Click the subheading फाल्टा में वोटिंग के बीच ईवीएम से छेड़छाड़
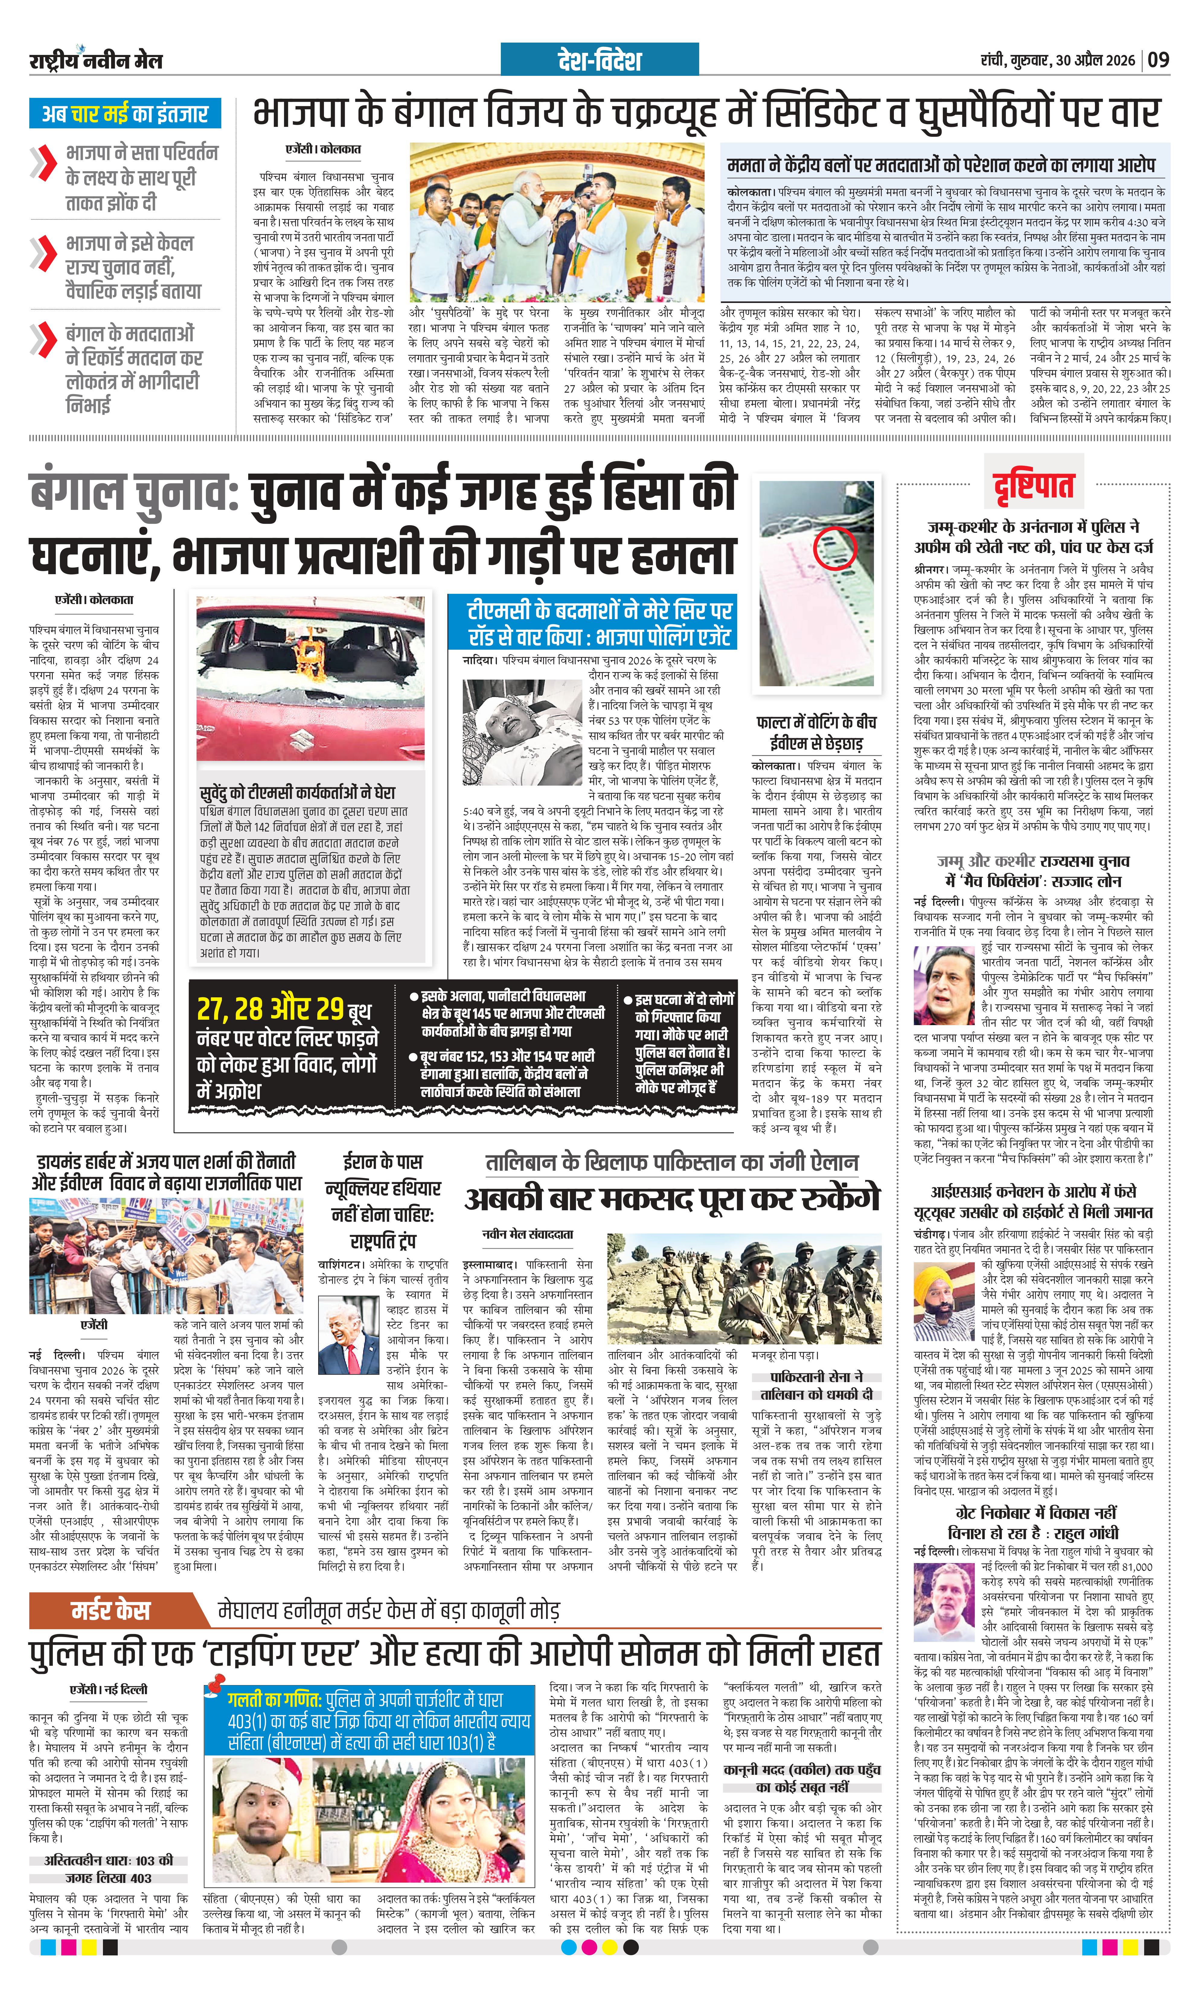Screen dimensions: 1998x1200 coord(817,732)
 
